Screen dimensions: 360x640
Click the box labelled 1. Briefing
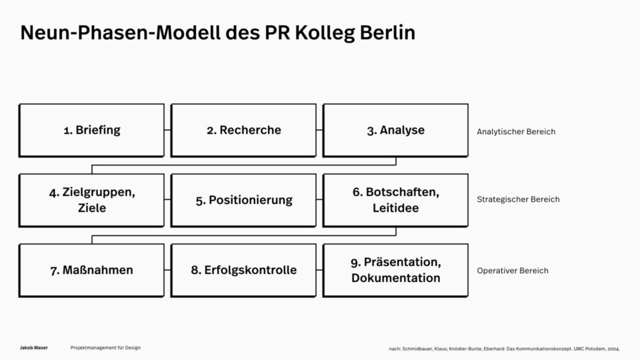(x=91, y=130)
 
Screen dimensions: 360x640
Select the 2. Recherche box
(x=243, y=130)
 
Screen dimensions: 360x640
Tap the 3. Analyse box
(x=395, y=130)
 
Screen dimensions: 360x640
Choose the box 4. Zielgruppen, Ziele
(x=91, y=200)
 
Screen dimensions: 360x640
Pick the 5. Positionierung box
(x=243, y=200)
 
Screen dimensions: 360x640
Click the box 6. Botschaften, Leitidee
(x=395, y=200)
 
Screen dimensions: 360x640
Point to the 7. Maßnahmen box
(x=91, y=270)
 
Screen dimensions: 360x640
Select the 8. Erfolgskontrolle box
(x=243, y=270)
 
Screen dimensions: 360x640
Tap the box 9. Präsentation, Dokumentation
(x=395, y=270)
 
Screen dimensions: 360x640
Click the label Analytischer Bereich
(x=516, y=131)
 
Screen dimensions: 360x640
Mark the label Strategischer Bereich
(x=518, y=199)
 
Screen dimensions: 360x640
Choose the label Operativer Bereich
(x=513, y=271)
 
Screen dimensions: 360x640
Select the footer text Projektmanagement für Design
(x=105, y=348)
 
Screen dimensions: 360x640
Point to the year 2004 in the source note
(x=613, y=349)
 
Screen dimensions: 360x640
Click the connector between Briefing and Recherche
(x=167, y=130)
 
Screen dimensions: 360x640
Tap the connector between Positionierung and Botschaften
(x=319, y=200)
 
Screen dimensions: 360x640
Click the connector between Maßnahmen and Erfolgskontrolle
(x=167, y=270)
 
